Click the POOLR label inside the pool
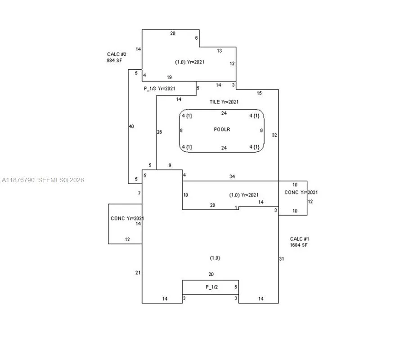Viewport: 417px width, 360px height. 222,130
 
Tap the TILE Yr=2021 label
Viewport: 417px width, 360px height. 224,102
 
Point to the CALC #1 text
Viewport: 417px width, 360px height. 300,239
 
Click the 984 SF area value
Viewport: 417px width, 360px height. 114,60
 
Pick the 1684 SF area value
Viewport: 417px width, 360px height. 299,245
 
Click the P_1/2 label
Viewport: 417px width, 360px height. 212,287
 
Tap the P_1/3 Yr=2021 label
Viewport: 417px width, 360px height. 160,89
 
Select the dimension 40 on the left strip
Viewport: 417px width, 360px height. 131,126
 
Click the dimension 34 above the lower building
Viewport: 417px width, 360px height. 232,176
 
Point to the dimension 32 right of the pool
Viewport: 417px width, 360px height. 274,135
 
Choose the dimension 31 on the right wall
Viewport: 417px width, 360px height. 282,259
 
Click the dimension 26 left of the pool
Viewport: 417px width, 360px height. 159,132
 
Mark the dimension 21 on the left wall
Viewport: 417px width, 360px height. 138,273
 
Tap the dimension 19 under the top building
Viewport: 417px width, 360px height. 169,77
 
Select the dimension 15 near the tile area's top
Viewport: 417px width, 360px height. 259,93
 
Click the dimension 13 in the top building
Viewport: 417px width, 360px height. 220,51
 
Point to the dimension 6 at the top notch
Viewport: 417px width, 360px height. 197,38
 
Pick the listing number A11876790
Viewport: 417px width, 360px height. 18,180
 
